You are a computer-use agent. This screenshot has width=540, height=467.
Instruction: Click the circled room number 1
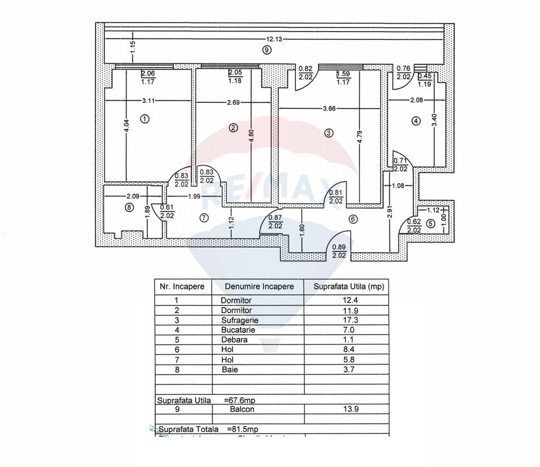click(145, 119)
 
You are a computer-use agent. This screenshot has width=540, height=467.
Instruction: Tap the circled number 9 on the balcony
click(267, 50)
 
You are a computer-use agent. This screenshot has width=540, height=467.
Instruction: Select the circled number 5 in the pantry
click(431, 223)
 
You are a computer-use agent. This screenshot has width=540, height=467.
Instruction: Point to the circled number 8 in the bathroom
click(129, 207)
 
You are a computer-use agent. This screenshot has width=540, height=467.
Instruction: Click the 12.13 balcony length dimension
click(274, 39)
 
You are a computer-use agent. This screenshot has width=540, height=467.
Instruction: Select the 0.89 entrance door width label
click(339, 247)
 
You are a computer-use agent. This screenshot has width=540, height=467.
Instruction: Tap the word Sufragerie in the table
click(240, 320)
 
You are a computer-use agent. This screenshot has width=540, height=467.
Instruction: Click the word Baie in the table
click(228, 370)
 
